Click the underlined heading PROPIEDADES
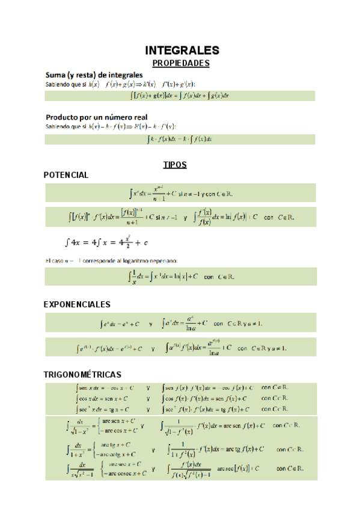click(x=180, y=63)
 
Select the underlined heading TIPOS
click(x=175, y=164)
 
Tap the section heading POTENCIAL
click(x=66, y=175)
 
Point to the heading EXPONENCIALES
click(x=77, y=304)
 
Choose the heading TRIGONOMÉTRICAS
click(x=82, y=374)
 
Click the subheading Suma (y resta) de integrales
click(x=94, y=75)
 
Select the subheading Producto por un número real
click(x=97, y=117)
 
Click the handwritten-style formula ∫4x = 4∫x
click(x=106, y=242)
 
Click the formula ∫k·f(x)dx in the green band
click(x=180, y=139)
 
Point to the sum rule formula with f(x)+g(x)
click(x=180, y=95)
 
